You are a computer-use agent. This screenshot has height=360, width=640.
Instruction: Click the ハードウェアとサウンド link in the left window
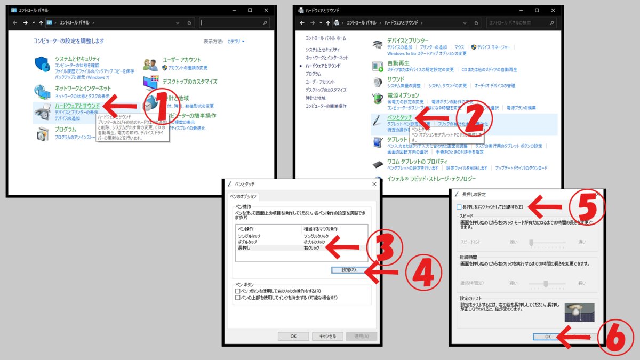[x=77, y=106]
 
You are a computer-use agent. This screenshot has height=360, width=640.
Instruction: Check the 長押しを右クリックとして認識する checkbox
[x=459, y=206]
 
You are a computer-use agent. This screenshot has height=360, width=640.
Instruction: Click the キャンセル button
[x=327, y=336]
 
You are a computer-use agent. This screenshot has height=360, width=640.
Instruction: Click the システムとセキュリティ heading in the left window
[x=77, y=59]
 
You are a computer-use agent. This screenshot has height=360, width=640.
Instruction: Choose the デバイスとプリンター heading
[x=407, y=41]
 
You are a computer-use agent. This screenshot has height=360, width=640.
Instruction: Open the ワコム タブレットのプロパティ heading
[x=417, y=161]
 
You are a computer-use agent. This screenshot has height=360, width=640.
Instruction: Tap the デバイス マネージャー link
[x=493, y=47]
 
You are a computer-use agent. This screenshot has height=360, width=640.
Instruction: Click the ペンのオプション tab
[x=243, y=196]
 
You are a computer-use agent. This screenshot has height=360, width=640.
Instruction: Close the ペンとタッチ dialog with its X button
[x=374, y=184]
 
